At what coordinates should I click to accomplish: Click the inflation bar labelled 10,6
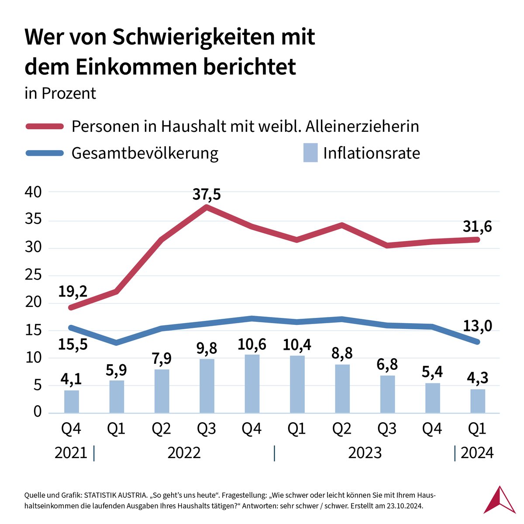coord(252,384)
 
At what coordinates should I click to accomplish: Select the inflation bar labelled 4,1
coord(72,402)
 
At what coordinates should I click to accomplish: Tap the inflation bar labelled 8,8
coord(342,389)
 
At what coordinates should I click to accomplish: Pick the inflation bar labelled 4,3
coord(477,401)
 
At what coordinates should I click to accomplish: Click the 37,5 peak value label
coord(207,194)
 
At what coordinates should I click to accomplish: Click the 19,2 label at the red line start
coord(73,290)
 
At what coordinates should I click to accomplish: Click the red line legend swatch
coord(44,127)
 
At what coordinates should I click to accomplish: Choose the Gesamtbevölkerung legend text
coord(145,153)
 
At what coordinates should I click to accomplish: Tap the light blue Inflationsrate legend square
coord(310,153)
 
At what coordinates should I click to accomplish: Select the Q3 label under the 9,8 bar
coord(207,429)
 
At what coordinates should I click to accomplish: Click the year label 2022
coord(184,453)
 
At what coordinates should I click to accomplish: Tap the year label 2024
coord(477,453)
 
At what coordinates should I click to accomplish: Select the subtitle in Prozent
coord(60,93)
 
